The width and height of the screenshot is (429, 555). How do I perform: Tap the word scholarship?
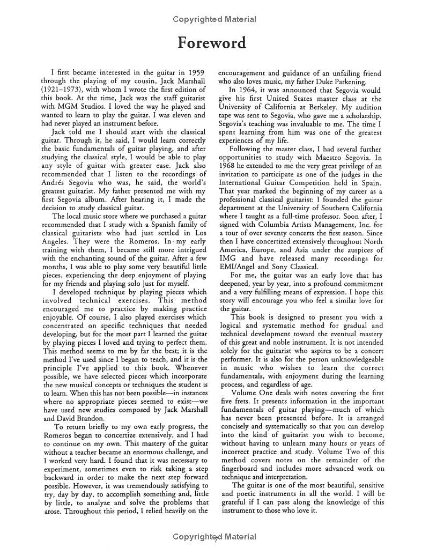pyautogui.click(x=360, y=116)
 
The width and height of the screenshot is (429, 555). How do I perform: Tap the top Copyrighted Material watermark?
pyautogui.click(x=214, y=19)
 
